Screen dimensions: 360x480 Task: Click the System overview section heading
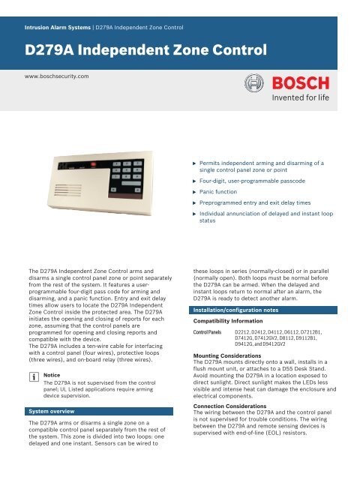52,412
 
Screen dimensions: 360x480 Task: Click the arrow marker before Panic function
195,191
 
